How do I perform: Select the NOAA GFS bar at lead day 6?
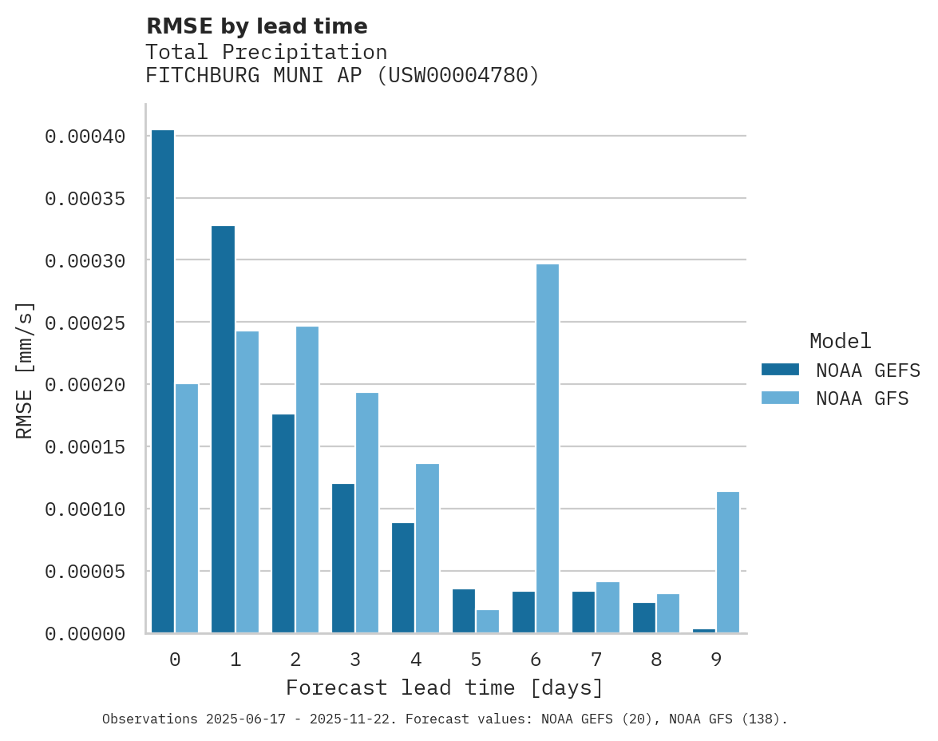(x=548, y=449)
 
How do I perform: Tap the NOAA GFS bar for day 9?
(x=728, y=562)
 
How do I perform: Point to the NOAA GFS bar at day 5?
(x=488, y=621)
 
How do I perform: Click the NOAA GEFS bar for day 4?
(x=403, y=578)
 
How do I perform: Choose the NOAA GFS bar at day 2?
(x=307, y=480)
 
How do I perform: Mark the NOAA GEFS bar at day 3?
(x=343, y=558)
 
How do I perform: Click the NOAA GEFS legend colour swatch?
(x=780, y=370)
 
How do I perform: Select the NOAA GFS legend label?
(x=862, y=398)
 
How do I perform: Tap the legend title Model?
(x=840, y=342)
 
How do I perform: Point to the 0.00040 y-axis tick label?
(x=85, y=137)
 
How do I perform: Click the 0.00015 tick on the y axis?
(x=85, y=447)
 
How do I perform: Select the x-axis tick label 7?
(x=596, y=660)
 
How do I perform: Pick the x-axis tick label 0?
(x=175, y=660)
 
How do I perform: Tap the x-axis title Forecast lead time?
(x=445, y=688)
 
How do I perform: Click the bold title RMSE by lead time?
(x=256, y=26)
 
